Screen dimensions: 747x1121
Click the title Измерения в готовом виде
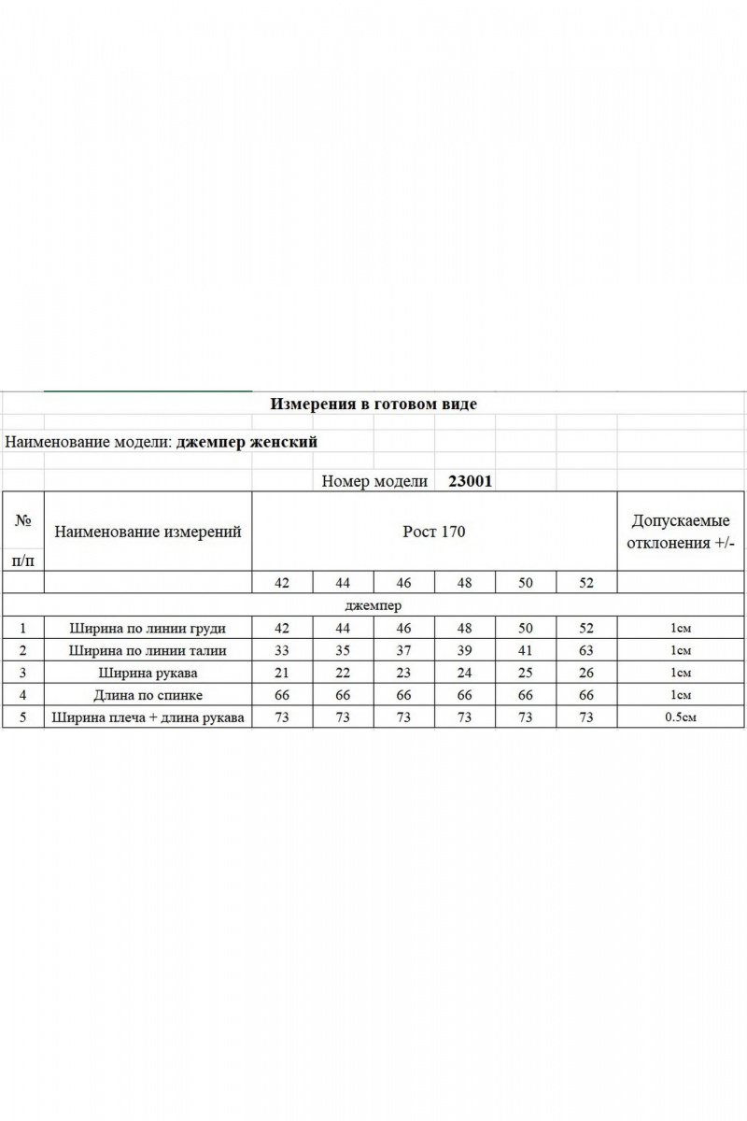tap(373, 404)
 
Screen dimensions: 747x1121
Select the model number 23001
tap(471, 481)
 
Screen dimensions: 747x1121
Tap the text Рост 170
tap(433, 532)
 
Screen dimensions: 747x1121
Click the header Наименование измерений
tap(148, 532)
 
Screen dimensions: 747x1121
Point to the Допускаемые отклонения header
tap(681, 532)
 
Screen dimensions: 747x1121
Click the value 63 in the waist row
tap(586, 650)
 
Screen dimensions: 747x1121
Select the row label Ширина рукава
tap(148, 673)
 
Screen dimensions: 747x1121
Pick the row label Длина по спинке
tap(148, 695)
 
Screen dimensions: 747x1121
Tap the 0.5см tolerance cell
tap(681, 717)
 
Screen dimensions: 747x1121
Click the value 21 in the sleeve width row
tap(282, 673)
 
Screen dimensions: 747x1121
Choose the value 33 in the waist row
tap(282, 650)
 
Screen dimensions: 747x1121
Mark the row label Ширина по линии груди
tap(148, 628)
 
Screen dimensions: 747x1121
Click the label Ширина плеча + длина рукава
tap(148, 717)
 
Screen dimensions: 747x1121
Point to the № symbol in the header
tap(23, 521)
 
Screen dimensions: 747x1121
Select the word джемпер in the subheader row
tap(373, 605)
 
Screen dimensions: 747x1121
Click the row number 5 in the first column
tap(22, 717)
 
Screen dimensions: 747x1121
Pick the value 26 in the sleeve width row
tap(586, 673)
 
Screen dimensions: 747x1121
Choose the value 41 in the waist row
tap(526, 650)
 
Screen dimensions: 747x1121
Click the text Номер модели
tap(374, 481)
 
